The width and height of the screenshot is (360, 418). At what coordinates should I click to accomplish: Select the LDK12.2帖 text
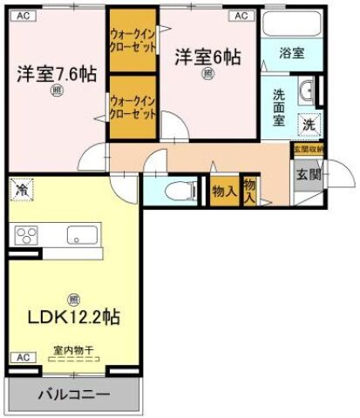click(x=72, y=317)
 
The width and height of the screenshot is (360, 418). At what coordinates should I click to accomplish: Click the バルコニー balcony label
click(x=72, y=394)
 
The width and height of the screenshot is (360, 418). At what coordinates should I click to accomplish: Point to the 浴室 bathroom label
click(x=292, y=53)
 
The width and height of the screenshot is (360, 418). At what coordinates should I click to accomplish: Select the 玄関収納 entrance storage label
click(x=308, y=150)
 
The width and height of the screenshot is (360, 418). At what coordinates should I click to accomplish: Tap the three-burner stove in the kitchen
click(x=27, y=234)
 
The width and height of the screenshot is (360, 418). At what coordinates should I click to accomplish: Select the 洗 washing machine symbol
click(x=309, y=124)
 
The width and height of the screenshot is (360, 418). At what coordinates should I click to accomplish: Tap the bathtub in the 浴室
click(x=292, y=27)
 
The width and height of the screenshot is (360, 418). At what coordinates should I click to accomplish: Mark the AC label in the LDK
click(x=22, y=358)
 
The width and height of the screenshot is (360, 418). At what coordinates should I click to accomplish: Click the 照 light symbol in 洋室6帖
click(x=207, y=75)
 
